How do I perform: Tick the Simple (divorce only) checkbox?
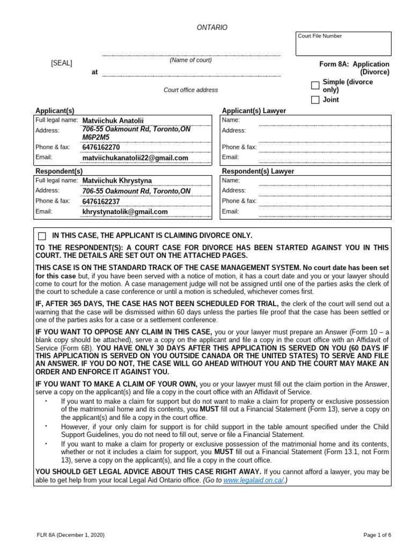point(315,86)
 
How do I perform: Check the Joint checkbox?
point(315,100)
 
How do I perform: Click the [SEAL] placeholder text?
point(62,63)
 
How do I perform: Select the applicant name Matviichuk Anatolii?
point(113,121)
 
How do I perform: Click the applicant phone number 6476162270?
point(101,147)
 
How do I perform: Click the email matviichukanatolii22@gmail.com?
point(135,158)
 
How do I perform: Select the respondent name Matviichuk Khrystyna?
point(116,181)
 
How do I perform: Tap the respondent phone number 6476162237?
point(101,202)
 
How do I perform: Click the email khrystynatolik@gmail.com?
point(124,212)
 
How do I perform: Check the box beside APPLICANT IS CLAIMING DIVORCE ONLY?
point(42,236)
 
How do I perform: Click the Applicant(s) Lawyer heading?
point(254,110)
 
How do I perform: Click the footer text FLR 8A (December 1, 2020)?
point(67,535)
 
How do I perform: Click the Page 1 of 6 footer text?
point(377,535)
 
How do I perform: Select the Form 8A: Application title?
point(355,64)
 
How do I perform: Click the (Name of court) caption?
point(190,60)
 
